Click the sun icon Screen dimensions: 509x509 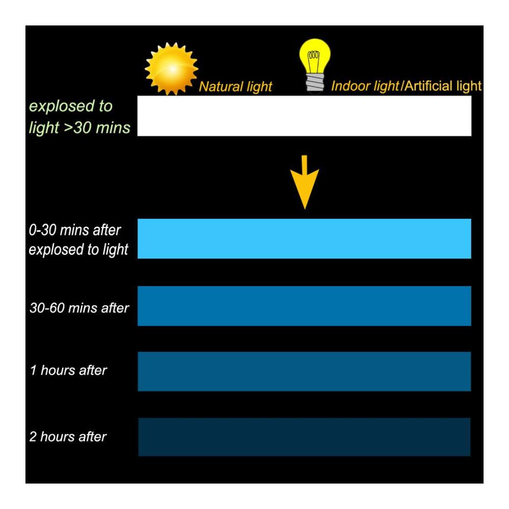tap(172, 69)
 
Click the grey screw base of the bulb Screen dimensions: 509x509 tap(315, 84)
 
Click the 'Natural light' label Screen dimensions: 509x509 tap(235, 87)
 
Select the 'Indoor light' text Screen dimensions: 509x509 tap(365, 86)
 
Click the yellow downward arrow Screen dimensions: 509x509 tap(304, 182)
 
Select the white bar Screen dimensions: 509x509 tap(304, 116)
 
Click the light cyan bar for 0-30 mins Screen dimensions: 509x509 tap(304, 239)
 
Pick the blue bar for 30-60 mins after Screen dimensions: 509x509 tap(304, 306)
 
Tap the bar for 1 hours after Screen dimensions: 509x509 tap(304, 372)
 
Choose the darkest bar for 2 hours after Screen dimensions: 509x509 tap(304, 437)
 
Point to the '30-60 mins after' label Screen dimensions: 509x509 tap(79, 308)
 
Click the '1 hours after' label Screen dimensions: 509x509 tap(68, 371)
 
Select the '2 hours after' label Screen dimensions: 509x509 tap(68, 437)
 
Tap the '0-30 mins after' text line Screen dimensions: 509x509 tap(75, 230)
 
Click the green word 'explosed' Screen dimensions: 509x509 tap(60, 106)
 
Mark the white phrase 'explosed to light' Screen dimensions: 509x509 tap(78, 249)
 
